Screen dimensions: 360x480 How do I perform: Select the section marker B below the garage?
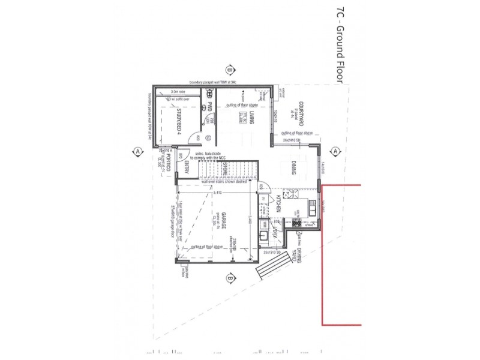click(x=230, y=278)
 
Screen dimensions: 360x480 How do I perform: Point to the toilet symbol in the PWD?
click(x=209, y=94)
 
